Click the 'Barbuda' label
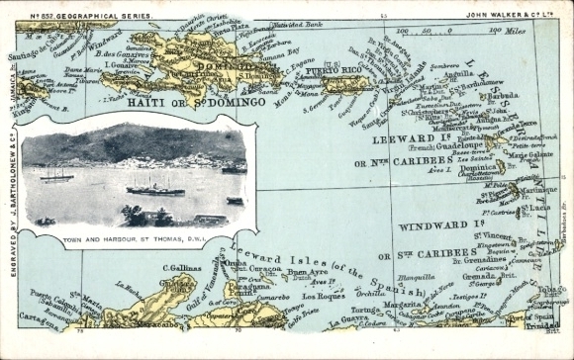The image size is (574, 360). (504, 96)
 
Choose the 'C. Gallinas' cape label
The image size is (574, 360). (181, 267)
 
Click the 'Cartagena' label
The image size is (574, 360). (39, 318)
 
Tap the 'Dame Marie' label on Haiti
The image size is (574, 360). (82, 70)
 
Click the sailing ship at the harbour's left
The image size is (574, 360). (56, 176)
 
